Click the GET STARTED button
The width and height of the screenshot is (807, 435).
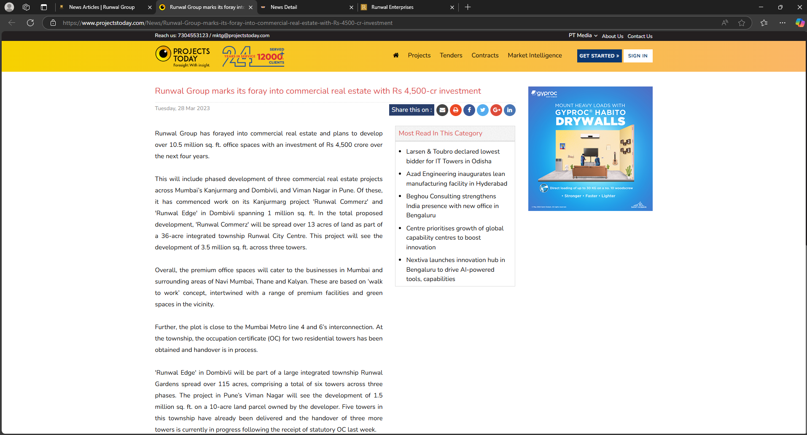tap(599, 56)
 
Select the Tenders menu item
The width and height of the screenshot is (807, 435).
tap(451, 55)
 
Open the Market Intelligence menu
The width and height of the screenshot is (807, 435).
tap(535, 55)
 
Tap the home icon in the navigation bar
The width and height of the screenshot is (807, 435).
tap(395, 55)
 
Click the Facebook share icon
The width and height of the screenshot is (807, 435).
tap(469, 110)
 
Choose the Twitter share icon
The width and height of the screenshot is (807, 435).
tap(482, 110)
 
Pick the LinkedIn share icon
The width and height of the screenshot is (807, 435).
tap(509, 110)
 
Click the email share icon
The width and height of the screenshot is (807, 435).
tap(442, 110)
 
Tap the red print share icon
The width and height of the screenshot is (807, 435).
tap(455, 110)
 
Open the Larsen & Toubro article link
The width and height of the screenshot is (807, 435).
tap(452, 156)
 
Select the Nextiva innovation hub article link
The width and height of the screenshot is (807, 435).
tap(455, 269)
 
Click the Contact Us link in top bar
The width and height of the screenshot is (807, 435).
tap(640, 36)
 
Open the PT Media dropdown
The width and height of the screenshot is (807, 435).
tap(583, 35)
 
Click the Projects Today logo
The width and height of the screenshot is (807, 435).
tap(183, 57)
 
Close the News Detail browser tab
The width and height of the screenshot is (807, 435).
tap(351, 7)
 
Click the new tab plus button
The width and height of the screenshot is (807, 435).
tap(468, 7)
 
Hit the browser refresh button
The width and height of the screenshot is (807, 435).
tap(30, 23)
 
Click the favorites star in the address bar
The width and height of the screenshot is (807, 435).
tap(742, 23)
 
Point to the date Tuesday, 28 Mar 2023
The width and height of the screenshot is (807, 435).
tap(182, 108)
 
